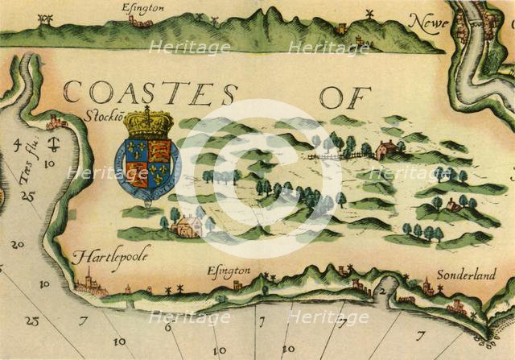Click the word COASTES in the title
tap(150, 93)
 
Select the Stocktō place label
tap(101, 115)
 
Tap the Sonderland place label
tap(467, 274)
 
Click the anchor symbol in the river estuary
tap(54, 146)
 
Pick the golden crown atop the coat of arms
tap(147, 123)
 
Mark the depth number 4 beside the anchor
tap(17, 146)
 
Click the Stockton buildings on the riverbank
tap(55, 122)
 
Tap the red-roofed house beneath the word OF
tap(386, 150)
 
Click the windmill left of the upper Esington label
tap(47, 19)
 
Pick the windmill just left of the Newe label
tap(371, 15)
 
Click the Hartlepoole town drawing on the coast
tap(90, 283)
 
